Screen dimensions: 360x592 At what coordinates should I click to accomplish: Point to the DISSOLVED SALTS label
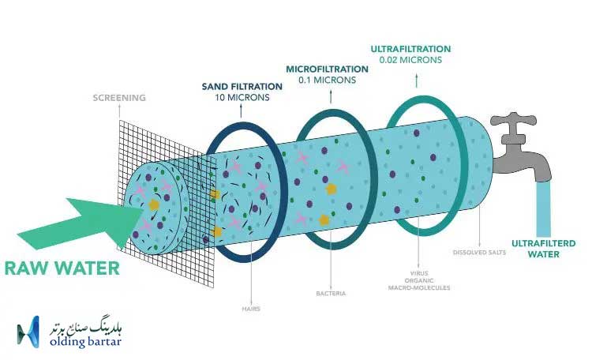tap(479, 253)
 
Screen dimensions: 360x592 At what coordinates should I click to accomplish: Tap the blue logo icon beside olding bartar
tap(28, 332)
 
